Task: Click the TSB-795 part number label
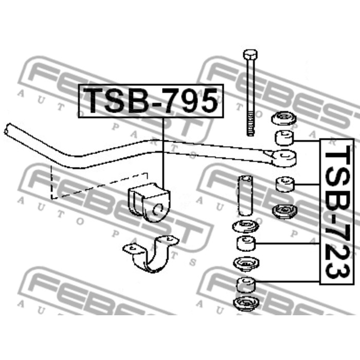coord(151,101)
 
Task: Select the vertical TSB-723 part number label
coord(337,212)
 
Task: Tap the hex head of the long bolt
coord(250,54)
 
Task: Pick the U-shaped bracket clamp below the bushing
coord(151,254)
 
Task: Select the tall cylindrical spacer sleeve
coord(245,195)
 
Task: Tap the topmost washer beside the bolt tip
coord(283,118)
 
